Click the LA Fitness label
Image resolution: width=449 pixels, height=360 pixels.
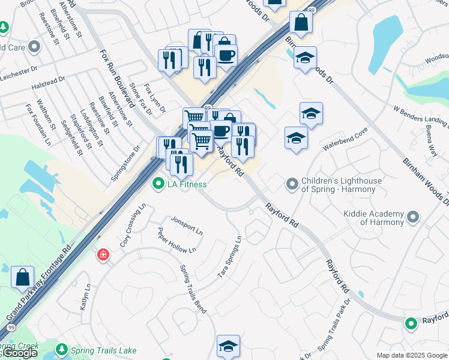[187, 184]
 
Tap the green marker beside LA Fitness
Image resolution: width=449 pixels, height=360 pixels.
[158, 184]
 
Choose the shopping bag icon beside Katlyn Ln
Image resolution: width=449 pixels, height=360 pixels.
[22, 277]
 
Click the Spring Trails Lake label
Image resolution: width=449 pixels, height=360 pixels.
[104, 350]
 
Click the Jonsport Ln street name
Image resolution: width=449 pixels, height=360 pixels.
[187, 221]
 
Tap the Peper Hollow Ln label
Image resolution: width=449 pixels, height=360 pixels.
[176, 241]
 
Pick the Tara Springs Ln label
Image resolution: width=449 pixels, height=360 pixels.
[230, 257]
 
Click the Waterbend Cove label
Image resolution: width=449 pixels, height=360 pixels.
[344, 141]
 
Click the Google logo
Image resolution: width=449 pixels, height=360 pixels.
[19, 353]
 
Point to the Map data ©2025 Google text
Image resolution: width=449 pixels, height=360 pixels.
[411, 355]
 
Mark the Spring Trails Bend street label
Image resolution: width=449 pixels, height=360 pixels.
[193, 289]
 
